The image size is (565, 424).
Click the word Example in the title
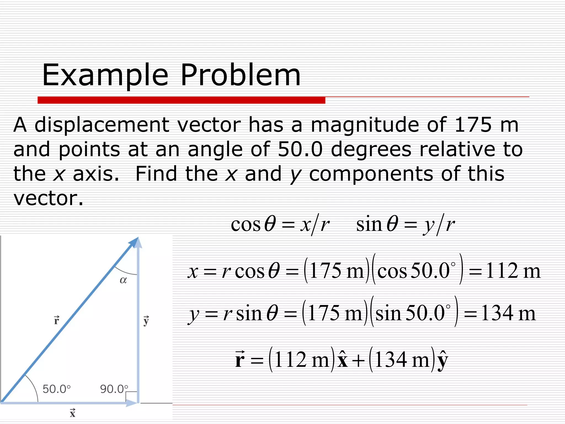click(105, 75)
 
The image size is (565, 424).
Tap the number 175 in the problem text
click(473, 125)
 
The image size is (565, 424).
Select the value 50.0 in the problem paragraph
click(300, 149)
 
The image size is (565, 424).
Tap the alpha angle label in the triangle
click(123, 280)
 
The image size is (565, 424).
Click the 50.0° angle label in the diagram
click(57, 389)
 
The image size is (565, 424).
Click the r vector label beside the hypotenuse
click(57, 320)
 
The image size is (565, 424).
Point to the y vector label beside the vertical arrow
click(146, 321)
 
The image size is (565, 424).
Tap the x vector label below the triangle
click(73, 413)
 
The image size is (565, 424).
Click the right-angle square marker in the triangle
click(131, 397)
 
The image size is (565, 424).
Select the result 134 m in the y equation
click(508, 314)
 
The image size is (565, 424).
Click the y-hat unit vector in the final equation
click(443, 361)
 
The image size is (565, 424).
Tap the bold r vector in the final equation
click(240, 360)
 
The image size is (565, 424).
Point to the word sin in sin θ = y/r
click(369, 224)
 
